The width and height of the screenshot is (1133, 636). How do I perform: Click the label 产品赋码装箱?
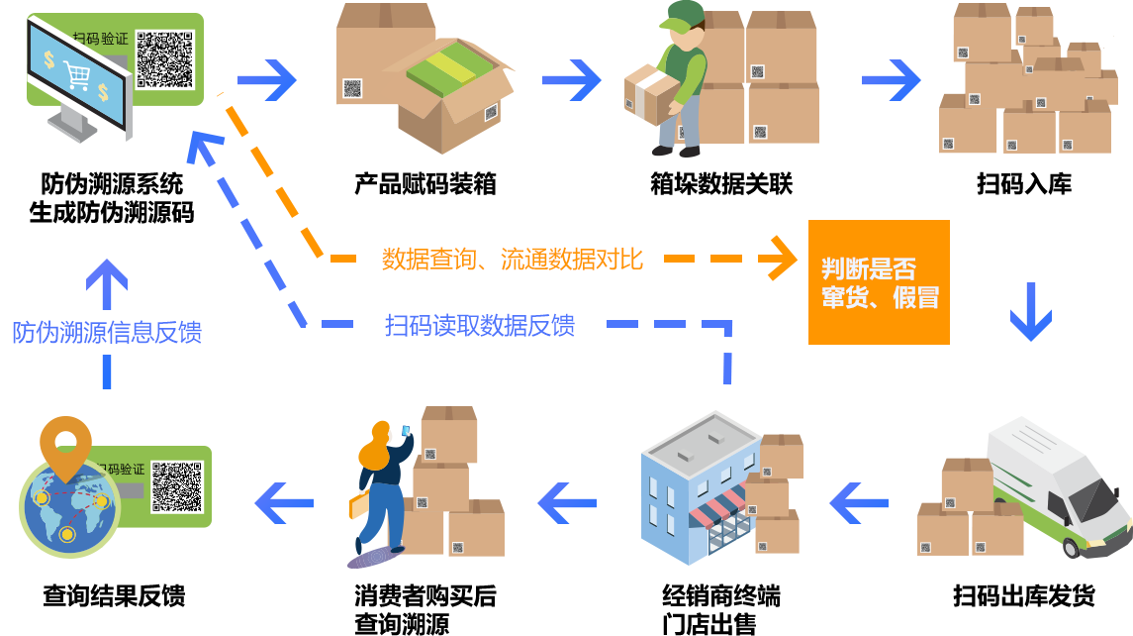[425, 184]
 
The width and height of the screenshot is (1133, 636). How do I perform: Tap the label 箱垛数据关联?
[721, 184]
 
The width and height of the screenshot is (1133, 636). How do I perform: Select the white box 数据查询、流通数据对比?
[511, 259]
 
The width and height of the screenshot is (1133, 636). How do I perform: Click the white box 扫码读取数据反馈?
[479, 325]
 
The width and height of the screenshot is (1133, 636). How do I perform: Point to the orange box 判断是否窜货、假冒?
[879, 282]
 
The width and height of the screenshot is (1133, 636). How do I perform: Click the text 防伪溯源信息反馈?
[107, 333]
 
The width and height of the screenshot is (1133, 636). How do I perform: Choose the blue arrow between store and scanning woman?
[568, 503]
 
